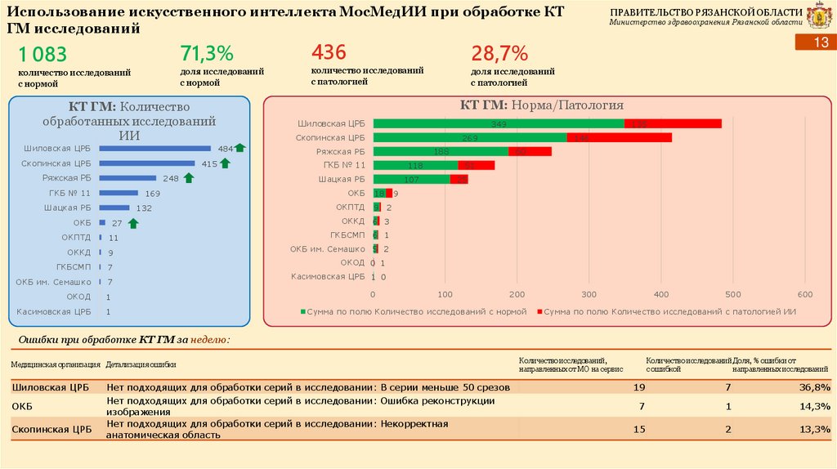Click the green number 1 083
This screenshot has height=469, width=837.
tap(43, 55)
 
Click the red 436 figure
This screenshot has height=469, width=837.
tap(329, 53)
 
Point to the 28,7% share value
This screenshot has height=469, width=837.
tap(500, 54)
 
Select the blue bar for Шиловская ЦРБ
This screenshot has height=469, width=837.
tap(154, 149)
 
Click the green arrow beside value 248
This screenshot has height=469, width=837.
tap(188, 177)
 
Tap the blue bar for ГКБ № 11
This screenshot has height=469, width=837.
tap(123, 193)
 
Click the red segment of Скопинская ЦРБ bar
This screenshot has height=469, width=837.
tap(619, 137)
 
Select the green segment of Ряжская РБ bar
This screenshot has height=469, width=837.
tap(441, 151)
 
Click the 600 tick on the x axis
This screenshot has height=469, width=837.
tap(804, 294)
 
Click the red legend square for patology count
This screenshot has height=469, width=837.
tap(539, 311)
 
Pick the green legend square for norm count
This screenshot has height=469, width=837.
tap(302, 311)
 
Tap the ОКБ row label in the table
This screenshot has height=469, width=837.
tap(22, 406)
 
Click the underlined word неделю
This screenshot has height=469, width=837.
tap(208, 339)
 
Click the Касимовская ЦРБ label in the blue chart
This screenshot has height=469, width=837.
tap(54, 311)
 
